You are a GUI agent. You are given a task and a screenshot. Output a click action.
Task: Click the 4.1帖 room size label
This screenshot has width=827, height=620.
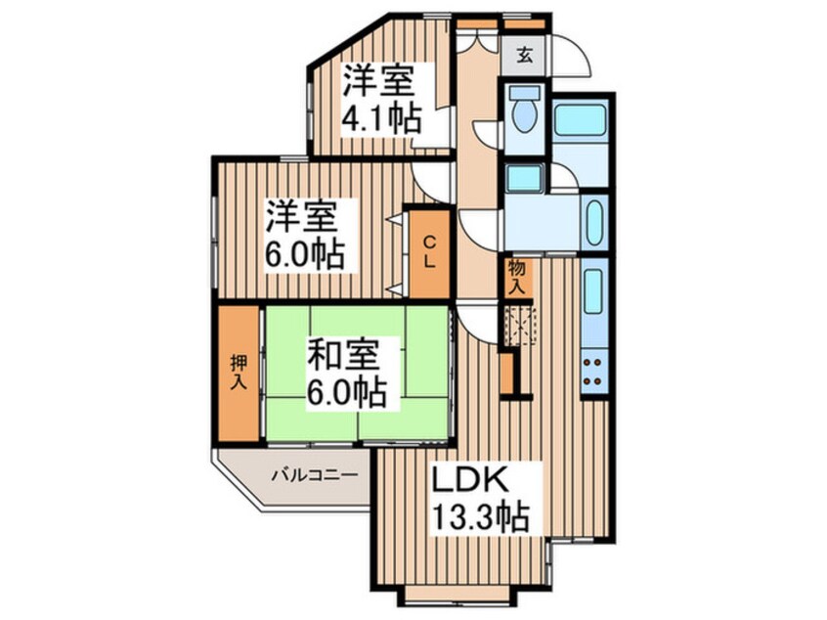point(381,118)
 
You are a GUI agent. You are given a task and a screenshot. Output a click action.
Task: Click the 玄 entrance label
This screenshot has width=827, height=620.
point(525,54)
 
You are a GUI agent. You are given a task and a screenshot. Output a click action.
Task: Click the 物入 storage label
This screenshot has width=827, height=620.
point(518,277)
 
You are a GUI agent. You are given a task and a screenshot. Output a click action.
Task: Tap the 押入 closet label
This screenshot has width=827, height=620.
point(238,372)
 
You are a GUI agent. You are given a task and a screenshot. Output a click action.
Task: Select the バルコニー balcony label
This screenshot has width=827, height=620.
point(314,476)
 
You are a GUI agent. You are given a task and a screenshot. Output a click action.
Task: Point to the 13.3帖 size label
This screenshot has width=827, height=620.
point(482,515)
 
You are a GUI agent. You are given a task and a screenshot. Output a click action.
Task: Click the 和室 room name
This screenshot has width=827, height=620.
point(341,353)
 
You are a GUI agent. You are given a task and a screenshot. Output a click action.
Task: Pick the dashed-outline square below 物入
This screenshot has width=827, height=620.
point(520,323)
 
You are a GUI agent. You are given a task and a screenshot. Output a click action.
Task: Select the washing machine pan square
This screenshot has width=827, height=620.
point(525,178)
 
